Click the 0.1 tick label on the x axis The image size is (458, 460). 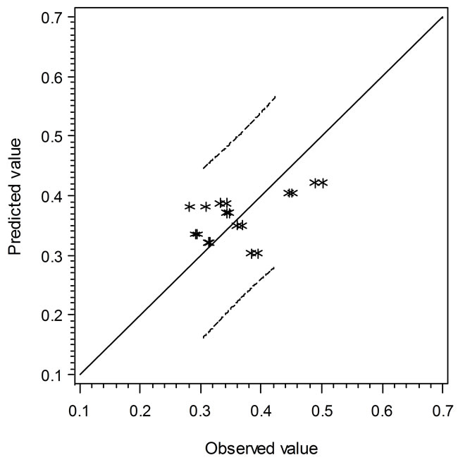click(80, 410)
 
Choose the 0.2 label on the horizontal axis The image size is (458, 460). click(140, 410)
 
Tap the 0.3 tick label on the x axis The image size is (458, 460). click(201, 410)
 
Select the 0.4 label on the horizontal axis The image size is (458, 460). click(261, 410)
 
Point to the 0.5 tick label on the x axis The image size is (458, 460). click(322, 410)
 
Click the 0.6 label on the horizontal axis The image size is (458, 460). click(383, 410)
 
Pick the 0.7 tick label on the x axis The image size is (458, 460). click(442, 410)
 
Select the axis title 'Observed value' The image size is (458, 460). click(261, 448)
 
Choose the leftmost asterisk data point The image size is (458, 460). click(190, 207)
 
